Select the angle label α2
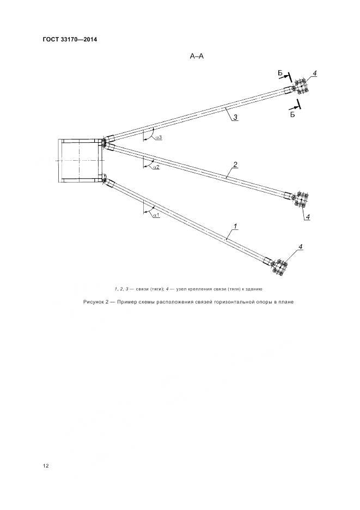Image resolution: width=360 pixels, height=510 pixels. point(156,167)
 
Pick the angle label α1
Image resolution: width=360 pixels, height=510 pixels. point(155,216)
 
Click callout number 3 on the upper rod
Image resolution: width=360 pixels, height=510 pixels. point(235,117)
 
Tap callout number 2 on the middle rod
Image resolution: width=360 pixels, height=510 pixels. point(235,164)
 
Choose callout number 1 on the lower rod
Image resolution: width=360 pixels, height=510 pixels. point(234,226)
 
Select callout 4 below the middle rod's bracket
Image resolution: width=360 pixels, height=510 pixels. point(308,217)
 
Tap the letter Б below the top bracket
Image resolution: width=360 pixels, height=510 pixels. point(292,115)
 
